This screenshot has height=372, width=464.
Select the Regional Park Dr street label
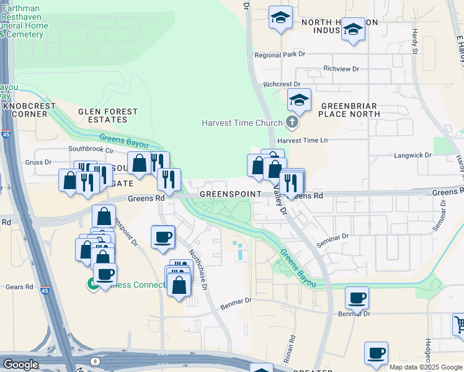pyautogui.click(x=280, y=55)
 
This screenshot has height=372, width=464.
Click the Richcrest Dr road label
pyautogui.click(x=282, y=84)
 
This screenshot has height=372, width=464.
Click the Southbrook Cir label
pyautogui.click(x=92, y=149)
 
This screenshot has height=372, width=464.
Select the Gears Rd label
pyautogui.click(x=20, y=287)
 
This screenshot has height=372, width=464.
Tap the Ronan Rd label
pyautogui.click(x=292, y=348)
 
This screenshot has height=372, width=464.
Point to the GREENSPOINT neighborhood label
pyautogui.click(x=231, y=194)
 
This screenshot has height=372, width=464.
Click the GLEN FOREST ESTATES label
pyautogui.click(x=108, y=116)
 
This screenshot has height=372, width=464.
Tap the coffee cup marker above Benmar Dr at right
pyautogui.click(x=357, y=298)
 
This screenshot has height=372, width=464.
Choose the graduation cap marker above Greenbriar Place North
pyautogui.click(x=299, y=100)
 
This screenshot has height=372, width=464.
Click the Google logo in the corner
pyautogui.click(x=20, y=365)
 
